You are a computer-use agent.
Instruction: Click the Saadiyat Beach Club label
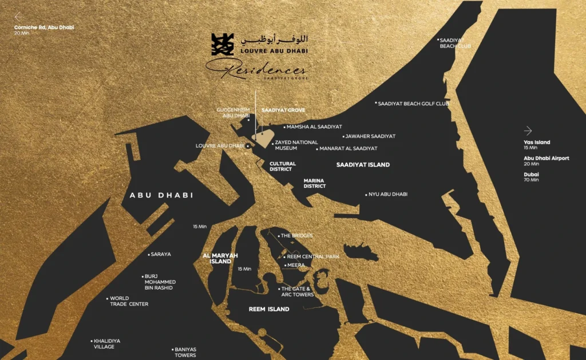(x=456, y=43)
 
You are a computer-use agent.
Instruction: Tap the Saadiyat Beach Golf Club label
(x=414, y=104)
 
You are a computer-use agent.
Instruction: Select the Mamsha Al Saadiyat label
(x=315, y=126)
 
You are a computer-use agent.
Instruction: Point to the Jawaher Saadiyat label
(x=371, y=136)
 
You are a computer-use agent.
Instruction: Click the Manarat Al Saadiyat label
(x=349, y=148)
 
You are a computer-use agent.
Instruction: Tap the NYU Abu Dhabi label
(x=388, y=194)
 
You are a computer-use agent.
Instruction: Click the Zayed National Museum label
(x=296, y=145)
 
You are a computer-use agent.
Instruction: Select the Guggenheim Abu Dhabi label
(x=233, y=113)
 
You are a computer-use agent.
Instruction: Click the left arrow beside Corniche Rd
(x=18, y=17)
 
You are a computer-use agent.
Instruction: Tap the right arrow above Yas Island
(x=528, y=130)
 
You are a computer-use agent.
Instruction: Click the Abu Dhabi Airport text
(x=546, y=159)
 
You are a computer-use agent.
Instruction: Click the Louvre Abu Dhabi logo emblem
(x=223, y=45)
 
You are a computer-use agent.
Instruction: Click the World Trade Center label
(x=129, y=301)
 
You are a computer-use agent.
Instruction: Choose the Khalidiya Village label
(x=107, y=343)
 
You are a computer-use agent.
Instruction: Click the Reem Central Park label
(x=312, y=257)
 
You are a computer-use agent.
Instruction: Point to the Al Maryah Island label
(x=220, y=258)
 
